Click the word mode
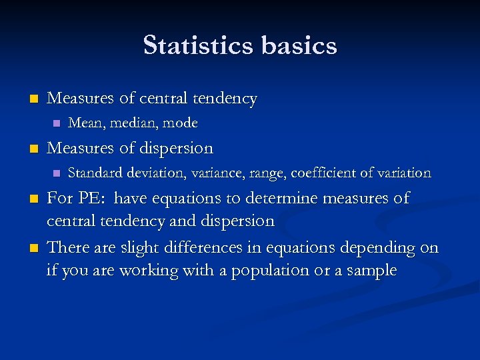pos(181,123)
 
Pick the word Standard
pos(93,173)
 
